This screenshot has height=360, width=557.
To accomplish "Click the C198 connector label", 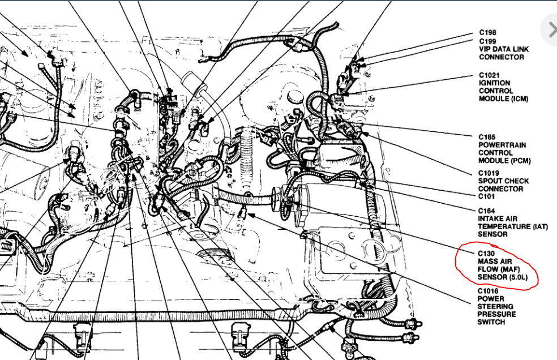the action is click(488, 33).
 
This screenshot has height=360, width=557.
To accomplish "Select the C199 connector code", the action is click(488, 41).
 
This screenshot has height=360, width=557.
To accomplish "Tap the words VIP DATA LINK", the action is click(504, 49).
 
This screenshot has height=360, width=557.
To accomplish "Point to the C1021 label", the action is click(489, 75).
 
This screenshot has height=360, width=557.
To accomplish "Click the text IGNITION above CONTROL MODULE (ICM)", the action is click(495, 83).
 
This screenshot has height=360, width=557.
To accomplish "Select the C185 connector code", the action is click(487, 137).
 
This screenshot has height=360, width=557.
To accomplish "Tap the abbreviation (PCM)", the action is click(520, 161).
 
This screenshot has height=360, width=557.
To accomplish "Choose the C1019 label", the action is click(489, 173).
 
